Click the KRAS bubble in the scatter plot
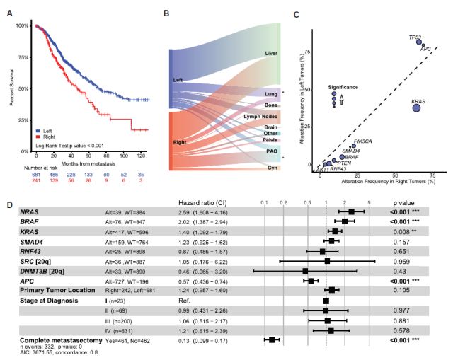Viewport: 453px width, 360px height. (x=416, y=108)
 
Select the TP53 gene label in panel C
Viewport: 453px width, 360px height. (x=415, y=37)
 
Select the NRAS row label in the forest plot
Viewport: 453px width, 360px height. (x=30, y=211)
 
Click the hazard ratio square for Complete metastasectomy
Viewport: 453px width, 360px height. (x=273, y=339)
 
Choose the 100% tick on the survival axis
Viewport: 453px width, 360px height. (x=23, y=25)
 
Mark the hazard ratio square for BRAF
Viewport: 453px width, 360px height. (x=344, y=221)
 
